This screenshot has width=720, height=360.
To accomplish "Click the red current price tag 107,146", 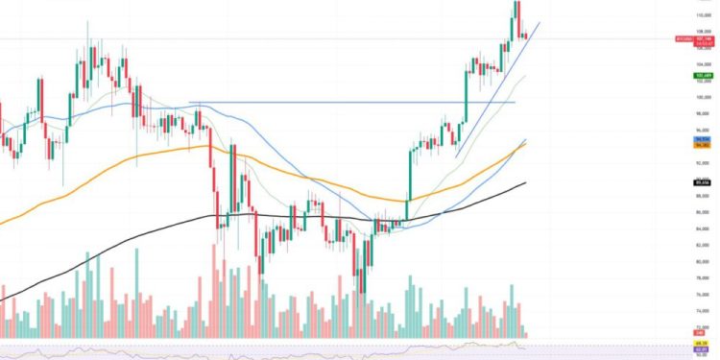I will (704, 39).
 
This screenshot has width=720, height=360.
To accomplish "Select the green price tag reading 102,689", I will (704, 75).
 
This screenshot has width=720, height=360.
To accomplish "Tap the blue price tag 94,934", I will (704, 140).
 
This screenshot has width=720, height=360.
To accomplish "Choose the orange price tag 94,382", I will (704, 146).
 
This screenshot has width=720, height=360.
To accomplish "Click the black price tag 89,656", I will (704, 181).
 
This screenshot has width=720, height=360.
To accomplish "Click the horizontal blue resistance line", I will (336, 103).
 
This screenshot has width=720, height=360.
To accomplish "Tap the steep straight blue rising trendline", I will (499, 96).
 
